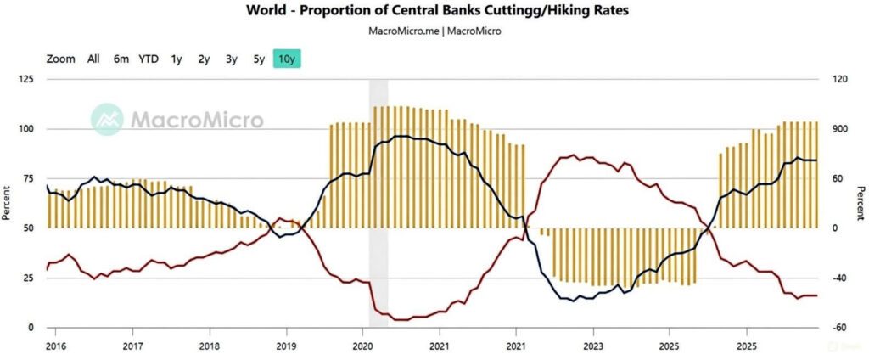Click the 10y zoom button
(x=288, y=59)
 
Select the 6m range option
(x=121, y=59)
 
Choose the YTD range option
(x=149, y=59)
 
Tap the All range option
(x=93, y=59)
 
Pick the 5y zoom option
(x=259, y=59)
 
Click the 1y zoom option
(x=177, y=59)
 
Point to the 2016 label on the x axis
(x=56, y=346)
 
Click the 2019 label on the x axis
(x=286, y=346)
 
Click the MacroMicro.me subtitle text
(x=404, y=31)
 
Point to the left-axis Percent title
(x=8, y=203)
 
